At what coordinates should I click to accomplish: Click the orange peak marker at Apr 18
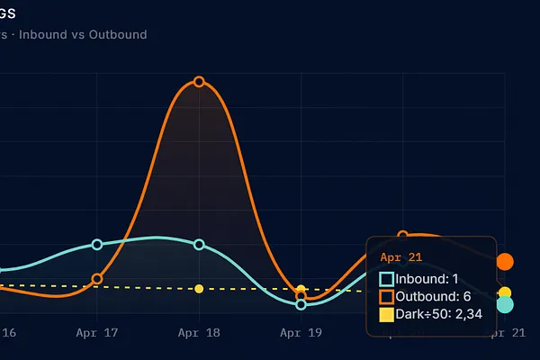point(199,82)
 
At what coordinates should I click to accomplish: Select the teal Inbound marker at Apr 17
point(97,245)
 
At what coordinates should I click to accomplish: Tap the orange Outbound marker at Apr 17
point(97,279)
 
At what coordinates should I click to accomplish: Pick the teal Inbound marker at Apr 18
point(199,245)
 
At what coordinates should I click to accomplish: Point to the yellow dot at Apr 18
point(199,289)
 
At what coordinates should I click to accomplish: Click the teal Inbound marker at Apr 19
point(301,304)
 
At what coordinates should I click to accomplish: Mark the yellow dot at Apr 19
point(301,290)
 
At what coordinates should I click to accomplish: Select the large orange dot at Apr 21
point(505,262)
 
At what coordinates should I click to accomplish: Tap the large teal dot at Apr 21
point(505,305)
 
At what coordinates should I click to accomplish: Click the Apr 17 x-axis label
point(97,332)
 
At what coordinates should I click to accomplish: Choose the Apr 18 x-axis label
point(199,332)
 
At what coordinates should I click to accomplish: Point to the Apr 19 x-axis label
point(301,332)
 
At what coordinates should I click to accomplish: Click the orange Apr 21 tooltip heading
point(396,257)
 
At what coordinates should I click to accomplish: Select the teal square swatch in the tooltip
point(386,279)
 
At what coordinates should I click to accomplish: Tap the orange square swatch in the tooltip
point(386,297)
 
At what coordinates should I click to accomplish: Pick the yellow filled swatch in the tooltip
point(386,315)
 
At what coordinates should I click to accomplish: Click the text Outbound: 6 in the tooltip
point(434,297)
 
